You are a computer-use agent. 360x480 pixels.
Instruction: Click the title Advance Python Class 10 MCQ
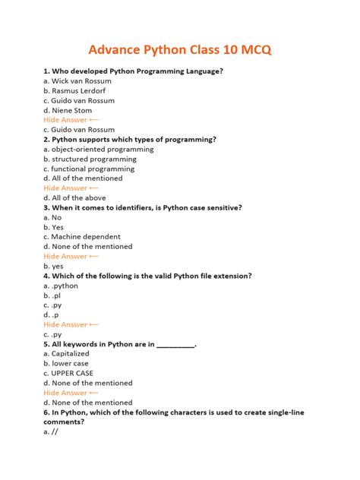180,50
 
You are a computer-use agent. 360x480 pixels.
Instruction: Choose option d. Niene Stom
69,110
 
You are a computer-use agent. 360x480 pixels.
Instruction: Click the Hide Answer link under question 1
71,120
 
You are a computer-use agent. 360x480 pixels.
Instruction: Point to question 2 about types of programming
130,139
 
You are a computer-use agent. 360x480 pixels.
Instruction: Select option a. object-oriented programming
99,150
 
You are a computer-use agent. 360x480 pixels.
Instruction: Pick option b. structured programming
90,159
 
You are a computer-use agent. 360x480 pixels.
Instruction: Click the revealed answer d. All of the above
74,197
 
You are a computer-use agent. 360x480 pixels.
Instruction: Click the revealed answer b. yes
53,266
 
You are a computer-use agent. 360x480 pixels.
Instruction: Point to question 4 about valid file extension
158,276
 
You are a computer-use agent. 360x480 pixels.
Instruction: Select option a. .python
61,286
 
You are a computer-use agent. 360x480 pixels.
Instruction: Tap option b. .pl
52,295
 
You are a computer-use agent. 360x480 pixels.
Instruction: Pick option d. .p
52,314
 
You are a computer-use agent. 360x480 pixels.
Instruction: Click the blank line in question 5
175,344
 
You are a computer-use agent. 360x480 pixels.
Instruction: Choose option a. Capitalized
66,354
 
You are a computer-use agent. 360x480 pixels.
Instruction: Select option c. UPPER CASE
68,373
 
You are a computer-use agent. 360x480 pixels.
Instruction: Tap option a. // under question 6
51,431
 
